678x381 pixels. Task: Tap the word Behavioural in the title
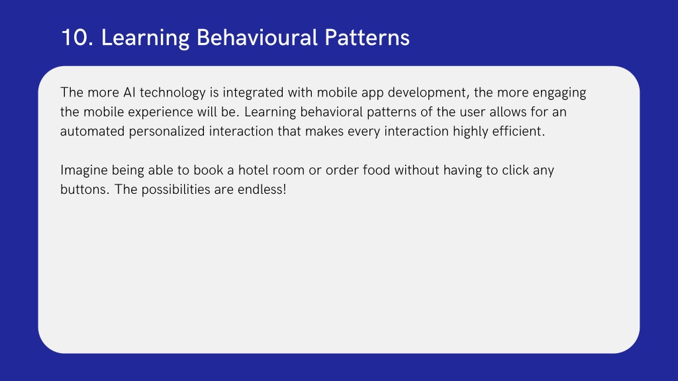pos(257,38)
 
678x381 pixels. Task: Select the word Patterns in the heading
pos(367,38)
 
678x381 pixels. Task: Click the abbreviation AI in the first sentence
pos(129,93)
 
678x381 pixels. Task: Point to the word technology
pos(173,93)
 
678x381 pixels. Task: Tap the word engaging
pos(559,93)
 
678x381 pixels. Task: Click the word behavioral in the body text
pos(331,112)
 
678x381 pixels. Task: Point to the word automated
pos(92,132)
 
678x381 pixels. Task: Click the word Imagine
pos(84,171)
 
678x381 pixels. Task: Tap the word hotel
pos(253,170)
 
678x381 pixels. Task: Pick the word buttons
pos(85,190)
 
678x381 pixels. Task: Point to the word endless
pos(262,190)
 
